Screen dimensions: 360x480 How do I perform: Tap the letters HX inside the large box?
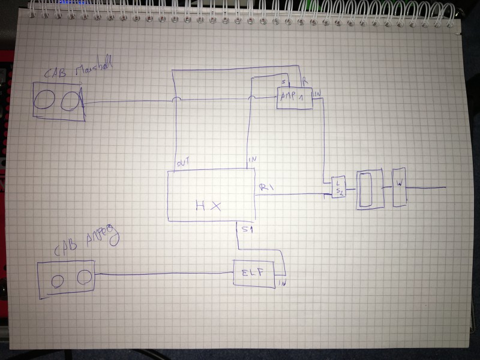(208, 205)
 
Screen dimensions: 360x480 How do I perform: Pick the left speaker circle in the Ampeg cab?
(58, 280)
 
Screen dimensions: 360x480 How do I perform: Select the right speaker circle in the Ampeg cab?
(84, 276)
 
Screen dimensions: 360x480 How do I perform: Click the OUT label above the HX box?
(182, 163)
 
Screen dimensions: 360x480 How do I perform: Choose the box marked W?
(399, 187)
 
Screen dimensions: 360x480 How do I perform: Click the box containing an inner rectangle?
(367, 190)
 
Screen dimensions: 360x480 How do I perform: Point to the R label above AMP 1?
(305, 80)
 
